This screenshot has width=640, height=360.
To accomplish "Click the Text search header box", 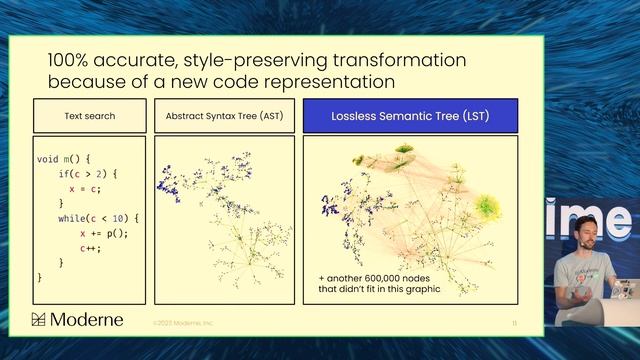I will pos(91,116).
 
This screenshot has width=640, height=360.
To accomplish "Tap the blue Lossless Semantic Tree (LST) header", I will pos(411,116).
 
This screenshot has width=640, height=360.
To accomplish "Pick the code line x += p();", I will pos(105,233).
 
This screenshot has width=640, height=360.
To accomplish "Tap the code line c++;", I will pos(92,247).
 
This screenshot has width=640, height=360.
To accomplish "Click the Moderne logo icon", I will pos(39,320).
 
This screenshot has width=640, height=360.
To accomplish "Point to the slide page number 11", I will pos(513,323).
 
